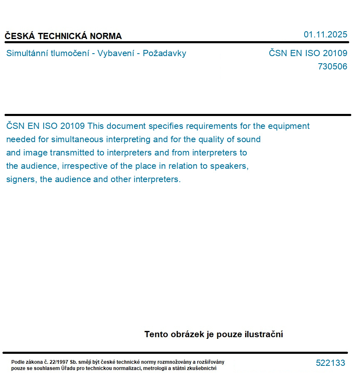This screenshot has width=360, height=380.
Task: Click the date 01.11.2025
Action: coord(325,35)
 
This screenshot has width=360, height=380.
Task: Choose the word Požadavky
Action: coord(164,53)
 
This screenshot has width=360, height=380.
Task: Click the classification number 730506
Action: coord(332,67)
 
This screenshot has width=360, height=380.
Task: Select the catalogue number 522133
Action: coord(330,363)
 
